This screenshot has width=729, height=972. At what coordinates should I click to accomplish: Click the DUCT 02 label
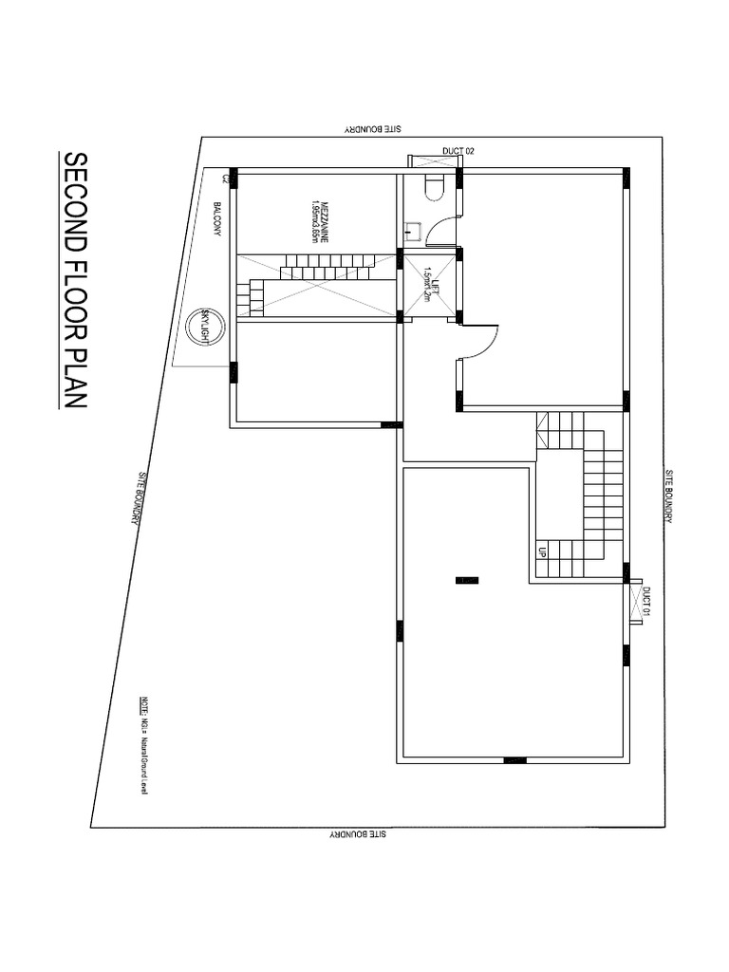(458, 151)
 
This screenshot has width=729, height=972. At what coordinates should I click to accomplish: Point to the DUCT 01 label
(646, 602)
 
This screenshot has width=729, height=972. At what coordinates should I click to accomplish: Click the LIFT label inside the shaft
(430, 282)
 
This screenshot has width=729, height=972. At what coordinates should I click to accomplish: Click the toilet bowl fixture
(433, 187)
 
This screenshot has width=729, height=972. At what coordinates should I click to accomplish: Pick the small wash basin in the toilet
(414, 229)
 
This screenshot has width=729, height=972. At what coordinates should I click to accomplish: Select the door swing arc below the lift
(478, 343)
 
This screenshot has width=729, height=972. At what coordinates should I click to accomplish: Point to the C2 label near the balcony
(225, 178)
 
